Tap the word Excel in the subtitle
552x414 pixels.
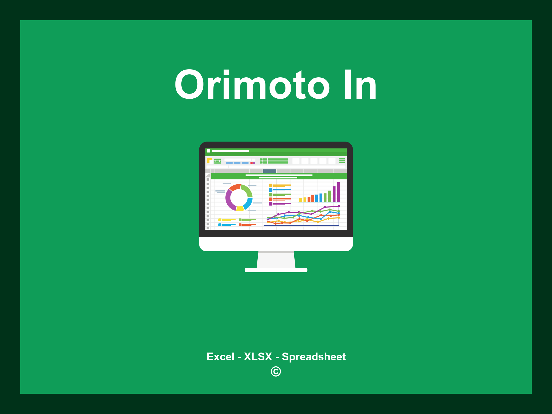tap(220, 357)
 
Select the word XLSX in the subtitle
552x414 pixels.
tap(258, 357)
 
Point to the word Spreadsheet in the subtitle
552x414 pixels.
tap(313, 357)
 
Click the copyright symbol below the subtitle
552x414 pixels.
tap(276, 371)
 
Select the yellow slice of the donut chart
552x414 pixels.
tap(240, 208)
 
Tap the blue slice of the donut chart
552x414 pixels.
tap(248, 203)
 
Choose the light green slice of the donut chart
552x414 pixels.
tap(247, 190)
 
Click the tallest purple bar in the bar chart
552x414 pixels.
tap(338, 192)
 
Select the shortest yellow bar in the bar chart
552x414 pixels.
tap(300, 200)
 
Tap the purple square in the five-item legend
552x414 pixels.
tap(270, 204)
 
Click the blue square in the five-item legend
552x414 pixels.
tap(270, 190)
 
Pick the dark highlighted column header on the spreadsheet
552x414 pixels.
tap(270, 171)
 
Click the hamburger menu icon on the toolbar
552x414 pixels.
tap(342, 161)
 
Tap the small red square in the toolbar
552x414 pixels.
tap(251, 163)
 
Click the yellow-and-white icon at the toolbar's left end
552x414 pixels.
tap(209, 161)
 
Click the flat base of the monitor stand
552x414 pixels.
tap(276, 270)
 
